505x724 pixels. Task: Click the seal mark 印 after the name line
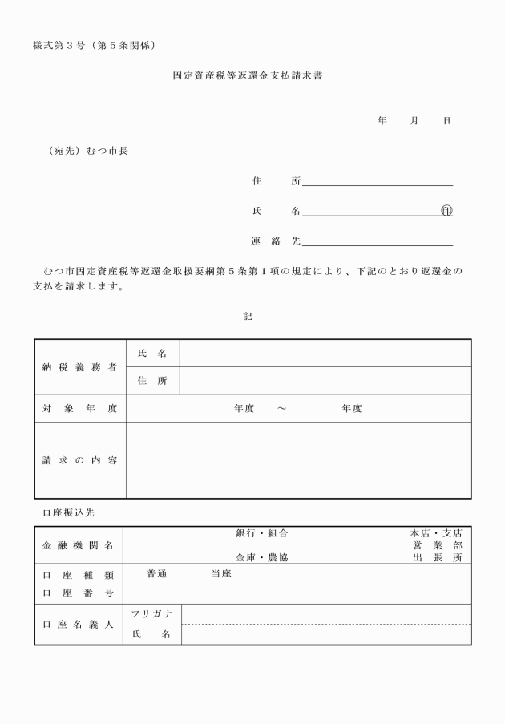[446, 211]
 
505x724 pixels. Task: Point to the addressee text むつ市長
[107, 151]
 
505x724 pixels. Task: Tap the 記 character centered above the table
[248, 317]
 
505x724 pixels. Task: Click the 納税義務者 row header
[79, 366]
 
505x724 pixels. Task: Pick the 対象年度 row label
[79, 408]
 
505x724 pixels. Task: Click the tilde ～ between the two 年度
[281, 409]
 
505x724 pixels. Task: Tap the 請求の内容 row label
[79, 460]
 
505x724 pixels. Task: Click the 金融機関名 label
[77, 545]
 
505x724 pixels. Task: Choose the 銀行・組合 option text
[261, 533]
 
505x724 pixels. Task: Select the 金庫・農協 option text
[261, 556]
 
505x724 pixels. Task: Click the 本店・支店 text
[436, 533]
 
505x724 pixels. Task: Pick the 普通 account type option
[157, 573]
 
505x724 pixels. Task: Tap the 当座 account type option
[220, 573]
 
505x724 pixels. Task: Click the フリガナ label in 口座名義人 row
[151, 614]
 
